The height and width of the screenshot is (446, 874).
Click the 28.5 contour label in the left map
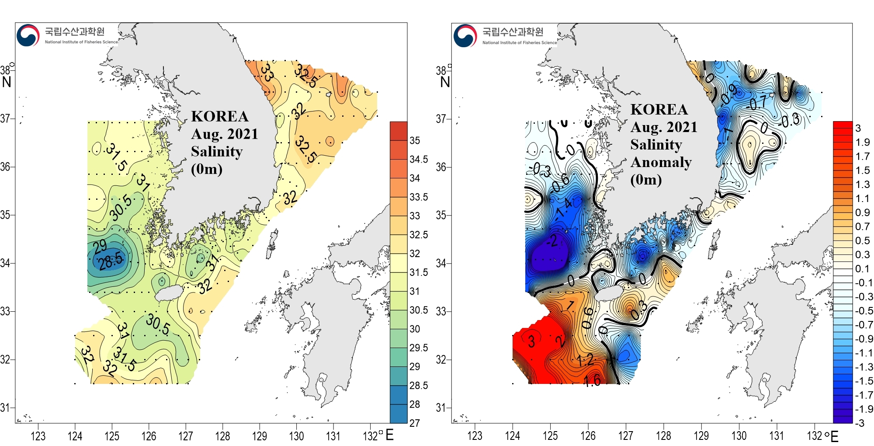pyautogui.click(x=111, y=261)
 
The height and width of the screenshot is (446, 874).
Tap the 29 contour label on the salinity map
pyautogui.click(x=100, y=246)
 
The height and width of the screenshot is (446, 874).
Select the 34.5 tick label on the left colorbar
pyautogui.click(x=418, y=160)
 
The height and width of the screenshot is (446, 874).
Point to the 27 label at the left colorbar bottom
pyautogui.click(x=414, y=423)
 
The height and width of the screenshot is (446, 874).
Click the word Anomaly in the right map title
pyautogui.click(x=661, y=162)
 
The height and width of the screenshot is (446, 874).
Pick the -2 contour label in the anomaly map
pyautogui.click(x=552, y=240)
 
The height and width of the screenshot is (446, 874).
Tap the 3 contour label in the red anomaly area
pyautogui.click(x=531, y=341)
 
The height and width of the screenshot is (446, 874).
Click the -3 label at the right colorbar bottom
pyautogui.click(x=860, y=423)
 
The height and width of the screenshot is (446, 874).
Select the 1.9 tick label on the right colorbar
pyautogui.click(x=862, y=142)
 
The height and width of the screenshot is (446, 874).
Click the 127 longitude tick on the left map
pyautogui.click(x=186, y=436)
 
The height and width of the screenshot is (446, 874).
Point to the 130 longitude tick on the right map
pyautogui.click(x=739, y=436)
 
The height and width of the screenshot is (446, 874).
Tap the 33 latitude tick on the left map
pyautogui.click(x=5, y=311)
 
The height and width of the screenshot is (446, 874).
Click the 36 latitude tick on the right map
pyautogui.click(x=441, y=167)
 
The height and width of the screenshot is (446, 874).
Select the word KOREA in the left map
pyautogui.click(x=220, y=116)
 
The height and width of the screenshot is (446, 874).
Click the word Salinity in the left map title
pyautogui.click(x=217, y=151)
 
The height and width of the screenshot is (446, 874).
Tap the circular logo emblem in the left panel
pyautogui.click(x=28, y=35)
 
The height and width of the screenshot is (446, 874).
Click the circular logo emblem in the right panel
pyautogui.click(x=465, y=36)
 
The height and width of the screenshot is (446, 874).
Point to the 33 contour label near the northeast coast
pyautogui.click(x=267, y=73)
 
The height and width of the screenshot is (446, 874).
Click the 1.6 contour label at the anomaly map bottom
pyautogui.click(x=592, y=380)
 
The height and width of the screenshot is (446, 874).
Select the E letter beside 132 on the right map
pyautogui.click(x=834, y=436)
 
